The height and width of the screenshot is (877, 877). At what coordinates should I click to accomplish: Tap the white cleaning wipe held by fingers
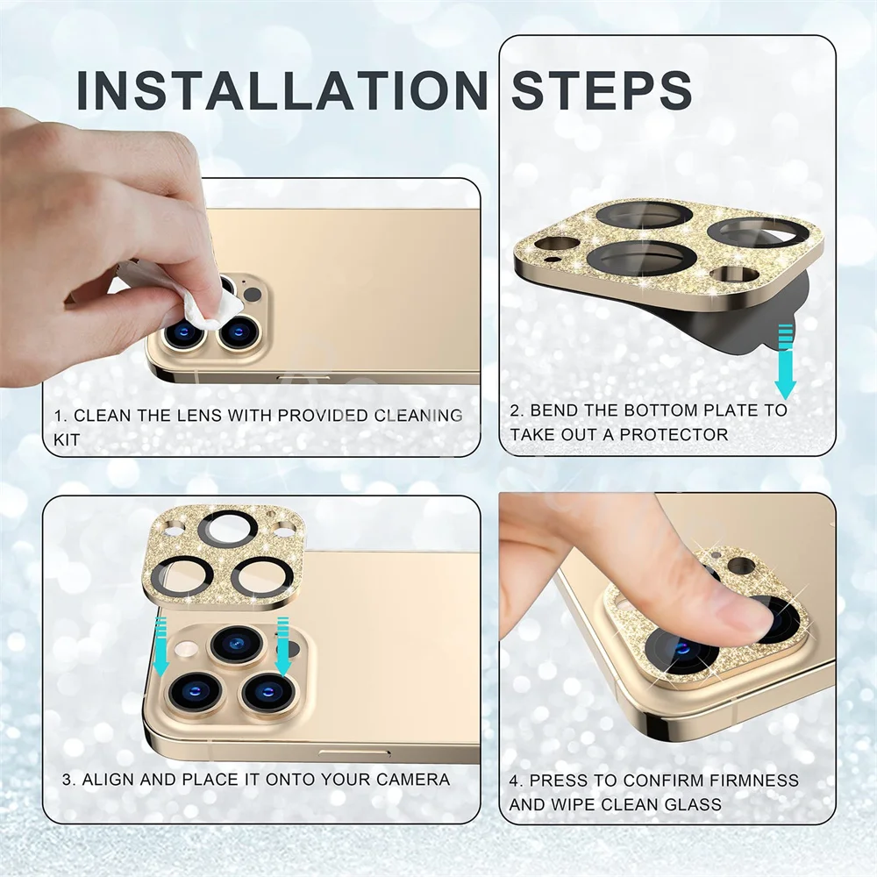208,310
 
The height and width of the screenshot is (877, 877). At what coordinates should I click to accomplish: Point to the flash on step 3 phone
187,649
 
